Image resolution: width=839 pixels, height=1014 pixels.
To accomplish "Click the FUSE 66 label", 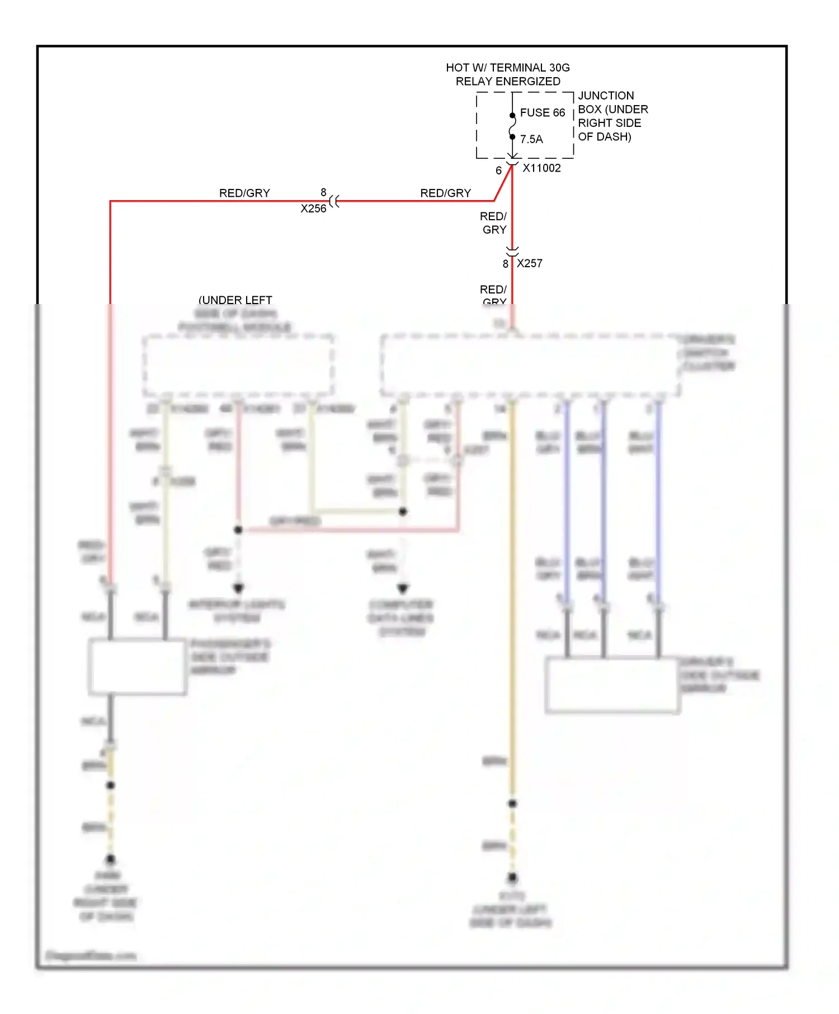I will [542, 113].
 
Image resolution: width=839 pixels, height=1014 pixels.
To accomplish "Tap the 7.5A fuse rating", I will [531, 139].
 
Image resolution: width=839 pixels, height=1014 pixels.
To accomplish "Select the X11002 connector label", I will [541, 168].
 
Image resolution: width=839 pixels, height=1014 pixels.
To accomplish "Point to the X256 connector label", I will [313, 209].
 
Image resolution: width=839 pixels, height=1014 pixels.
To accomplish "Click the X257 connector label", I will [530, 263].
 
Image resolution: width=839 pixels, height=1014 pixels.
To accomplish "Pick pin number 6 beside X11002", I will [498, 170].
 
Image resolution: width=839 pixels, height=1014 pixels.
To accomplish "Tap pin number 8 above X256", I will [323, 192].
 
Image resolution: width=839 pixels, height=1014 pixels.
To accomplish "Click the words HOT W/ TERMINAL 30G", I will [507, 68].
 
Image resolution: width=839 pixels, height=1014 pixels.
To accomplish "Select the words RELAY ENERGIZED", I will [507, 82].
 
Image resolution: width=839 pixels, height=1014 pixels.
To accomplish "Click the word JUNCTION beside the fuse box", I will [606, 96].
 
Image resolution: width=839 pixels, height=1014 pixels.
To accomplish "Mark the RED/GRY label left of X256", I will [244, 193].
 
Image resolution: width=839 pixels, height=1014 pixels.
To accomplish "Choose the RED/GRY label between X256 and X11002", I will [445, 193].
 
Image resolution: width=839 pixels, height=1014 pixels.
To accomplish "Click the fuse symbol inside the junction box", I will [512, 126].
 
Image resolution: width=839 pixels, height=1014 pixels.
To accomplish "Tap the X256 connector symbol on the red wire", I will [334, 201].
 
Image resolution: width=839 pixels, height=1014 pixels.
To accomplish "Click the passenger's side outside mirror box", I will [137, 667].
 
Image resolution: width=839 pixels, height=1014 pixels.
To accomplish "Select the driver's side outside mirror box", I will [612, 685].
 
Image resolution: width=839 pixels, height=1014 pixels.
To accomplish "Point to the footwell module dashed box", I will [238, 366].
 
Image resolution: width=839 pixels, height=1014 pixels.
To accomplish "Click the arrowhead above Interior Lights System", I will [238, 588].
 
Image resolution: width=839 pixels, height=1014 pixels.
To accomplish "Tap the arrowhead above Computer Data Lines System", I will [403, 588].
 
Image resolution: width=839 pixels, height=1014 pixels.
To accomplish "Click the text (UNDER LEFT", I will [235, 300].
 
